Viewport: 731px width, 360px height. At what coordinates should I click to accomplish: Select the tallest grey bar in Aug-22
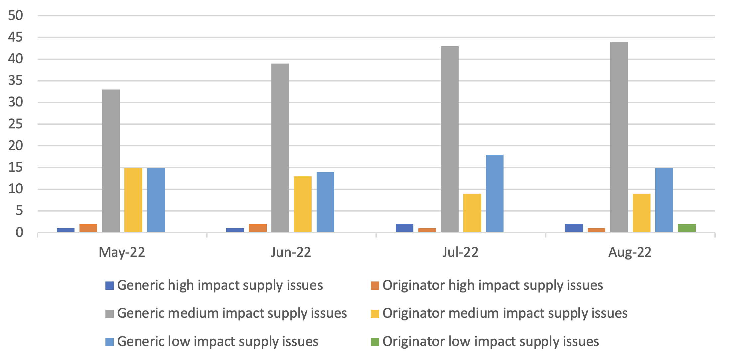click(x=619, y=137)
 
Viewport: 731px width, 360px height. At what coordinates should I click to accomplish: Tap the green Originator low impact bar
click(x=686, y=228)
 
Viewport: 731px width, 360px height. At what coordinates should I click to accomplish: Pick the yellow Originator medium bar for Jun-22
click(x=303, y=204)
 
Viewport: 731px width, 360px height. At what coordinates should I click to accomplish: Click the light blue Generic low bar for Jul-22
click(x=495, y=193)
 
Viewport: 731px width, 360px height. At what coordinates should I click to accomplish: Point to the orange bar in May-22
click(x=88, y=228)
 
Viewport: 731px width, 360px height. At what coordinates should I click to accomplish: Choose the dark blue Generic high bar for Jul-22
click(x=404, y=228)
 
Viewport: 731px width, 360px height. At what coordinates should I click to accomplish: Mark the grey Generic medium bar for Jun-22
click(x=280, y=148)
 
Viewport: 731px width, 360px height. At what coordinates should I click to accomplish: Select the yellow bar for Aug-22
click(x=642, y=213)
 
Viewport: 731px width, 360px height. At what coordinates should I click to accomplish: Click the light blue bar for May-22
click(x=156, y=200)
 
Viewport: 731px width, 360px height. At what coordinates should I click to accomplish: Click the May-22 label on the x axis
click(x=122, y=253)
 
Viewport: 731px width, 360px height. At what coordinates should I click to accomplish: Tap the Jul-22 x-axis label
click(x=460, y=253)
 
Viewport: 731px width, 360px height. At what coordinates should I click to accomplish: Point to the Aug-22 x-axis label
click(x=630, y=253)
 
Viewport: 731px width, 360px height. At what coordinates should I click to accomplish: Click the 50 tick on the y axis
click(x=16, y=16)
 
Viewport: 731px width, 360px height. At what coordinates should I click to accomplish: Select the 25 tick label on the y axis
click(x=16, y=124)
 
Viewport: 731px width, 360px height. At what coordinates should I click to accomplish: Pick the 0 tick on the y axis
click(x=19, y=233)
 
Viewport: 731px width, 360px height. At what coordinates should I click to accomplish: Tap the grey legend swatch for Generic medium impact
click(x=109, y=314)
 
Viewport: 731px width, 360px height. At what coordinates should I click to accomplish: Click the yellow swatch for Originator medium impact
click(x=375, y=314)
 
